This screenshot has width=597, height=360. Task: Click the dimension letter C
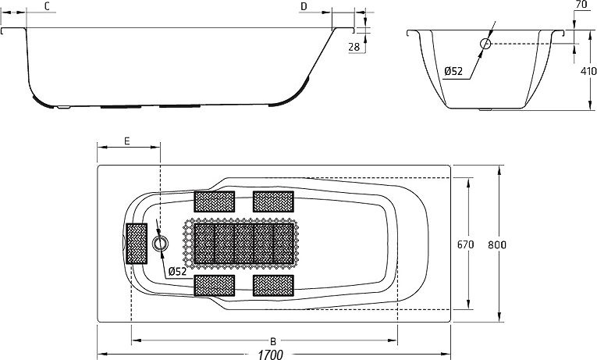tap(48, 6)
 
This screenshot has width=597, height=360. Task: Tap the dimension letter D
tap(304, 6)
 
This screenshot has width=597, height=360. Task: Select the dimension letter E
tap(127, 141)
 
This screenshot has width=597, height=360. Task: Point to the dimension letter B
tap(272, 341)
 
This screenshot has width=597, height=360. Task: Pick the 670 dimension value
tap(465, 244)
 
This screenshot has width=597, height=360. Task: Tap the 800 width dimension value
tap(498, 244)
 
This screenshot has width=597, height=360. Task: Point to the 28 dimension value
tap(354, 47)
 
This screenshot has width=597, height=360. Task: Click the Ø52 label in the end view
tap(454, 72)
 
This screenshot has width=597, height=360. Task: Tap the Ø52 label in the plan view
tap(177, 271)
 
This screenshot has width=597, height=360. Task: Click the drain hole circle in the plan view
tap(161, 244)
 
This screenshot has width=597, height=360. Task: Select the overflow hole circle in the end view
tap(485, 44)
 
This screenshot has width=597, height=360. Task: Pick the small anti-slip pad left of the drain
tap(137, 244)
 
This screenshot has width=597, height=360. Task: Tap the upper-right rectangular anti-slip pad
tap(273, 201)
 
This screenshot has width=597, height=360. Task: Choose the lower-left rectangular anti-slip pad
tap(215, 285)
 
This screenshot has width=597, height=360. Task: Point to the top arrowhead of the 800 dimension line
tap(499, 167)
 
